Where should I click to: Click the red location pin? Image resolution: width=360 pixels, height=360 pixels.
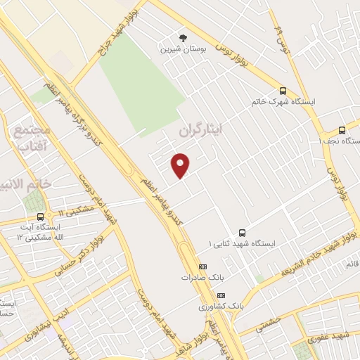pyautogui.click(x=181, y=165)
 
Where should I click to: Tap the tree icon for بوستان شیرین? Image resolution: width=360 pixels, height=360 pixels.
pyautogui.click(x=184, y=37)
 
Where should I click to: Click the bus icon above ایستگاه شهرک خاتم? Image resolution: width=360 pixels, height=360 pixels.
pyautogui.click(x=283, y=91)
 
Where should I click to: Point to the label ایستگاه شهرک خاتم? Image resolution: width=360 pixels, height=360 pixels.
pyautogui.click(x=283, y=102)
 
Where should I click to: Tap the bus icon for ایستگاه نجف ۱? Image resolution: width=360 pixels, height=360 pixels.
pyautogui.click(x=342, y=130)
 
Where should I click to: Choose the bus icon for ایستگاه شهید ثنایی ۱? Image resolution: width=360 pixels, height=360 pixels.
pyautogui.click(x=243, y=232)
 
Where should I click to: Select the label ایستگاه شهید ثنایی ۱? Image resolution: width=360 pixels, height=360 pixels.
pyautogui.click(x=243, y=243)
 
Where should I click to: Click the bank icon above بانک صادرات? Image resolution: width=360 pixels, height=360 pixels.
pyautogui.click(x=203, y=266)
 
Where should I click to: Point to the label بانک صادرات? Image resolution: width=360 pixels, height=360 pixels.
pyautogui.click(x=196, y=277)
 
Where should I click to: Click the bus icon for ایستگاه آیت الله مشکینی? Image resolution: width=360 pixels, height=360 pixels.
pyautogui.click(x=39, y=217)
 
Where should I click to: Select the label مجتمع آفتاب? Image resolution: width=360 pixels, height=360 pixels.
pyautogui.click(x=32, y=139)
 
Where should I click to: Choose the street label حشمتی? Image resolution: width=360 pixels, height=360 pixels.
pyautogui.click(x=268, y=325)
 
